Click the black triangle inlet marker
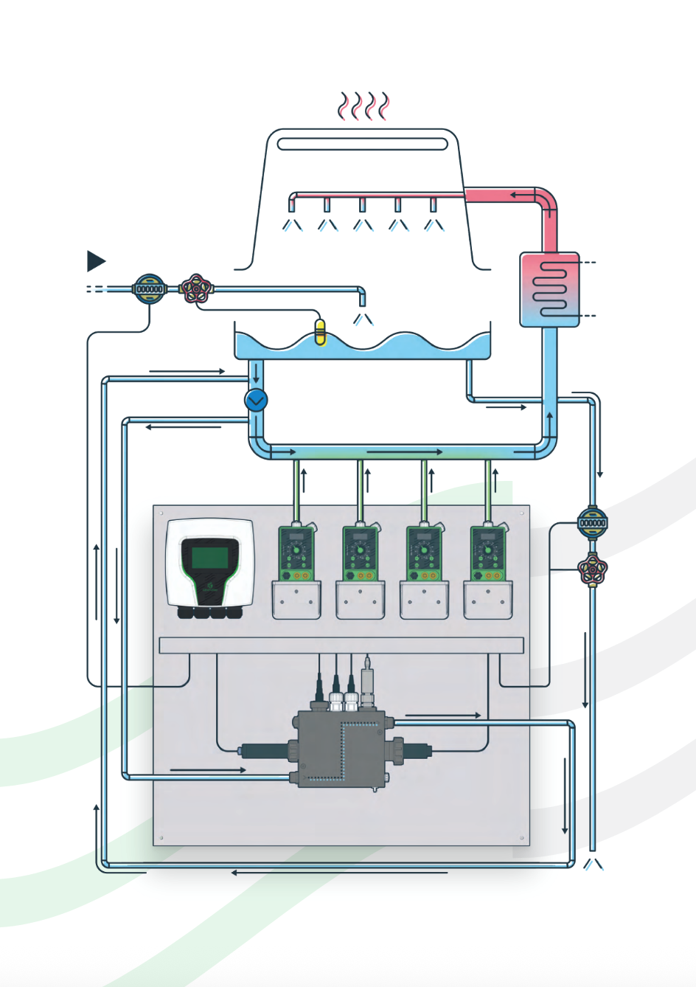pos(95,261)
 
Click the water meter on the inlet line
pos(150,289)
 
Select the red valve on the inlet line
pos(196,289)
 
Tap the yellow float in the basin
pos(320,331)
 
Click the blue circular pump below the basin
pos(256,401)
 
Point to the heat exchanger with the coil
pos(549,289)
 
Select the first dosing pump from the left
pos(296,553)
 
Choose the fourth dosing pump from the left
pos(487,553)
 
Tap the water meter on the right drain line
pos(592,522)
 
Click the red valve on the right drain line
pos(592,568)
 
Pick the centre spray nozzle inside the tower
pos(362,205)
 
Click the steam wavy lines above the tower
pos(363,106)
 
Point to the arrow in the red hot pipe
pos(523,195)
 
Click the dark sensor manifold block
pos(341,747)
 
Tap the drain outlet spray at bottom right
pos(593,863)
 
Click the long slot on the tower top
pos(362,144)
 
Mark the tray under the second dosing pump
pos(361,600)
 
